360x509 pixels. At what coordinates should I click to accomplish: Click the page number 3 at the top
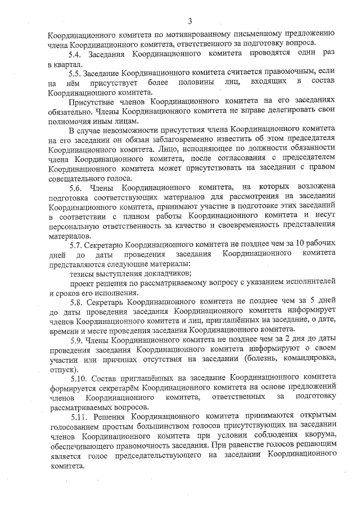pos(190,21)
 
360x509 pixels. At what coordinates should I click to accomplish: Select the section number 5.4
pos(76,54)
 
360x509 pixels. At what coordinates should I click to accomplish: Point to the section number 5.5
pos(76,74)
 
